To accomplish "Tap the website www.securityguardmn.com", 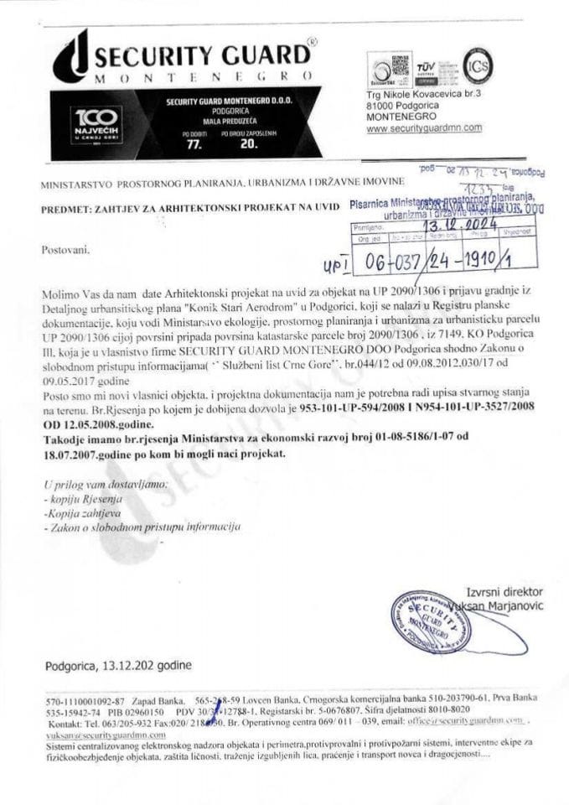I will point(424,128).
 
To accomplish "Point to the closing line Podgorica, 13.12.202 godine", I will point(118,666).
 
